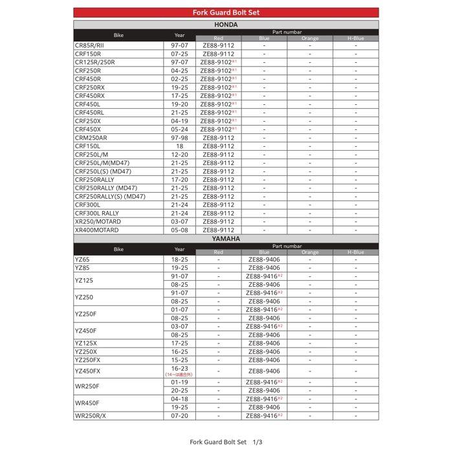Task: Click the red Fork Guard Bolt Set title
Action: pos(226,12)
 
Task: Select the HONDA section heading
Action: pos(226,25)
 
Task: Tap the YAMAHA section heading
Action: pos(226,239)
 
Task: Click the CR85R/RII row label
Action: pos(89,45)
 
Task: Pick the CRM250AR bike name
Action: pos(91,138)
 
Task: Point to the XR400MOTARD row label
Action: pos(97,230)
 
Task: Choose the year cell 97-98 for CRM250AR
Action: pos(180,138)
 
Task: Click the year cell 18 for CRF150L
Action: pos(180,146)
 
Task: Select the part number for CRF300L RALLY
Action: pos(219,213)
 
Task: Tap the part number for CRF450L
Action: pos(219,104)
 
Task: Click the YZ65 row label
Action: pos(82,260)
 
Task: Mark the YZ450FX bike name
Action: pos(88,371)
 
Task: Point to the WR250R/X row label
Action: pos(91,415)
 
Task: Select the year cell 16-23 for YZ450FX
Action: pos(180,368)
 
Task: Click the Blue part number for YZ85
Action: pos(264,268)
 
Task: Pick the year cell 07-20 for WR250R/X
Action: pos(180,415)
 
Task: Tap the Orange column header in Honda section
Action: pos(310,38)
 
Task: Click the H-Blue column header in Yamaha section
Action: pos(355,252)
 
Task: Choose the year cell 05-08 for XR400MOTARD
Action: pos(180,230)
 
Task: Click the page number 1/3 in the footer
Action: pos(258,442)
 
